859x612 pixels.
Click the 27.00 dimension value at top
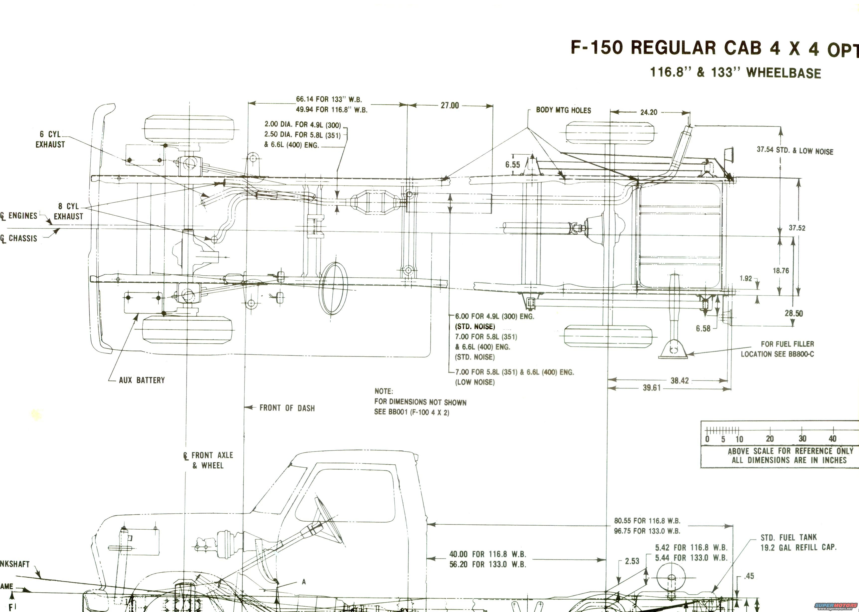point(450,106)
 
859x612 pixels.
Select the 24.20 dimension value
point(648,112)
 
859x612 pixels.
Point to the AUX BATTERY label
point(142,380)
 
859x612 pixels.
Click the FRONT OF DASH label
point(287,408)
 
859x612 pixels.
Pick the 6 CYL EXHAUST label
point(50,139)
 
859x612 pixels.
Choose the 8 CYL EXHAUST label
point(68,211)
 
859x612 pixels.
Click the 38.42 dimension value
point(679,381)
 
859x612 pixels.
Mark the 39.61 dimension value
point(651,388)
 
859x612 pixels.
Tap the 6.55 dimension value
point(512,165)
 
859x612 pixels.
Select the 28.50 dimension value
point(794,313)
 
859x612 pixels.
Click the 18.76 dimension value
point(781,271)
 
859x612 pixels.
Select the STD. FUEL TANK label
point(788,537)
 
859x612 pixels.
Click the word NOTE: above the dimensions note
point(383,391)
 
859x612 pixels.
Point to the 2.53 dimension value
point(632,561)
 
